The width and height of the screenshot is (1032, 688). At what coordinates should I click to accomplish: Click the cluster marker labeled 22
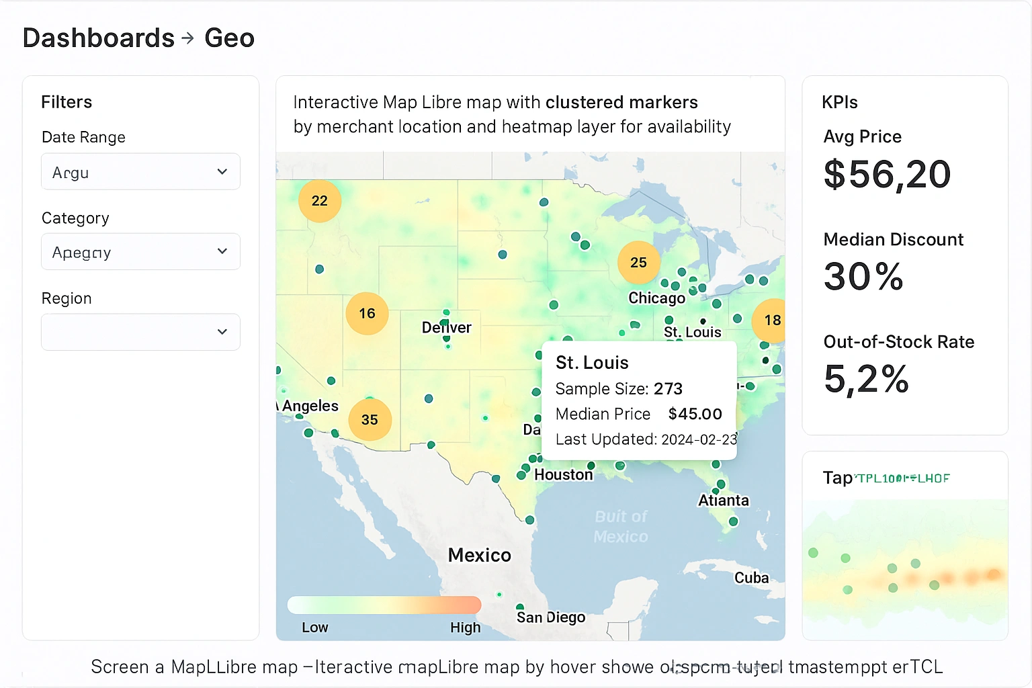(x=320, y=201)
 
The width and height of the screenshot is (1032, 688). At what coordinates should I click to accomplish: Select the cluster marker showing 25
(x=638, y=263)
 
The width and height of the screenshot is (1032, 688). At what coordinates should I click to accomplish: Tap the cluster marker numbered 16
(x=367, y=314)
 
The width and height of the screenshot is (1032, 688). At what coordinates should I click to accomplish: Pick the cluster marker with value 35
(x=370, y=420)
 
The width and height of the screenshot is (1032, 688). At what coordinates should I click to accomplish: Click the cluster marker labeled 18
(x=772, y=320)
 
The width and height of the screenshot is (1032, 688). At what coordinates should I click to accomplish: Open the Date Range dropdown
(x=140, y=172)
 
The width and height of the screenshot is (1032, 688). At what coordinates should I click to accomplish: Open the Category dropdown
(x=140, y=252)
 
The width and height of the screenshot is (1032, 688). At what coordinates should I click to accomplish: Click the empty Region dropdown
(x=140, y=332)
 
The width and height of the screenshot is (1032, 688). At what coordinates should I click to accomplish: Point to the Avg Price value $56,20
(x=887, y=175)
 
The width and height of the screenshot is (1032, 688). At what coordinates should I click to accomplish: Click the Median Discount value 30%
(x=863, y=277)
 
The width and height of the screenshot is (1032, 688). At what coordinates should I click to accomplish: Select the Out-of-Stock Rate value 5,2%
(x=866, y=379)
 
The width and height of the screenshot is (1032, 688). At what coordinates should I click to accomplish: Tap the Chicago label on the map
(x=656, y=298)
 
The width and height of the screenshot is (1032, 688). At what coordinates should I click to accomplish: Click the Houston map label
(x=563, y=475)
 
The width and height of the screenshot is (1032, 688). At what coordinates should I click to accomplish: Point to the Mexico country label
(x=479, y=555)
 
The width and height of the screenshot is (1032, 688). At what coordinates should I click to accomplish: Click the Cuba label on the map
(x=751, y=578)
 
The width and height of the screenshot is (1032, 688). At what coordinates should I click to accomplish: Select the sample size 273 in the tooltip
(x=668, y=389)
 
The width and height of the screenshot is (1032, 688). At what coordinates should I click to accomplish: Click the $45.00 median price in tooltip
(x=695, y=414)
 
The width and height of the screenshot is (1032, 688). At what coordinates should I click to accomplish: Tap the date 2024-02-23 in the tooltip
(x=699, y=439)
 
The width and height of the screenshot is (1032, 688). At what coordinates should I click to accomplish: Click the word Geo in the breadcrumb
(x=229, y=38)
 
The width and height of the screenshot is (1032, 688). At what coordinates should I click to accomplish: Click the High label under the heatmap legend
(x=465, y=628)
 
